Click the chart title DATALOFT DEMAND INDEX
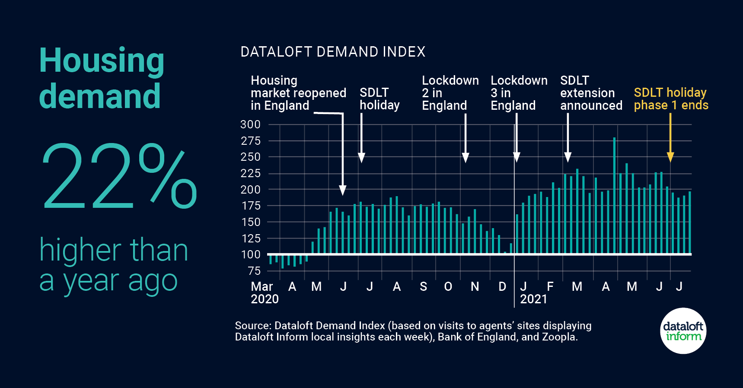[x=333, y=52]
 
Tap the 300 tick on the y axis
[x=251, y=124]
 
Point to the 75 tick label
[x=254, y=271]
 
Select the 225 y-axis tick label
[x=251, y=173]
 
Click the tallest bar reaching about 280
[x=614, y=194]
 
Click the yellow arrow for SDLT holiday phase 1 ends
[x=670, y=138]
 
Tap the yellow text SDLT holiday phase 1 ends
[x=670, y=99]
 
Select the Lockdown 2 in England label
[x=450, y=93]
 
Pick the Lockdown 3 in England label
[x=519, y=93]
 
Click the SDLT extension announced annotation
[x=591, y=93]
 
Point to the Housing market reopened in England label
[x=298, y=93]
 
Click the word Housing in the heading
[x=102, y=60]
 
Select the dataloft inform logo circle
[x=683, y=331]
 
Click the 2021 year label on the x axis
[x=533, y=299]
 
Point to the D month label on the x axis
[x=502, y=286]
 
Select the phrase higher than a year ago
[x=113, y=264]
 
